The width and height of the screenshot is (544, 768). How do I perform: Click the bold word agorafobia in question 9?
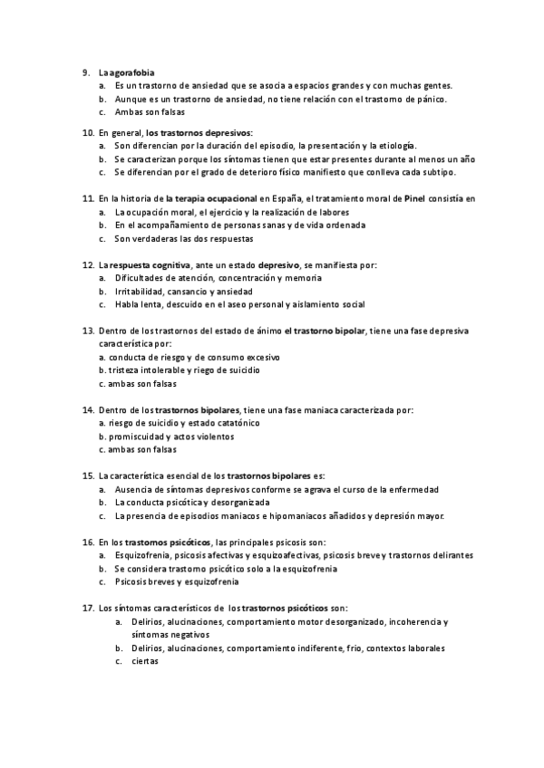click(132, 72)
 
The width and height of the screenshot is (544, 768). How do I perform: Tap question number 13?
click(87, 332)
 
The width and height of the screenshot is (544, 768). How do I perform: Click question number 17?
click(87, 609)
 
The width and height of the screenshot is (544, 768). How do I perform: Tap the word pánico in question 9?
click(428, 99)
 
